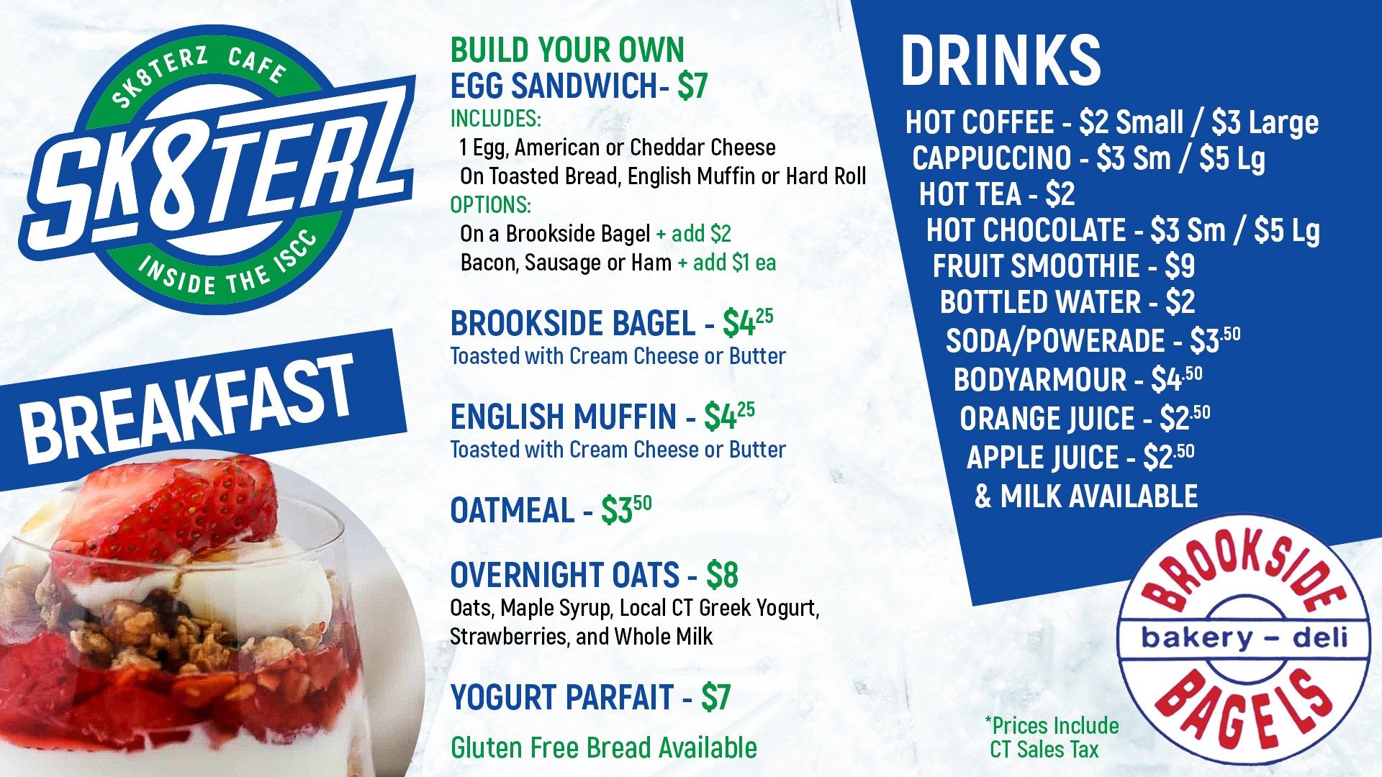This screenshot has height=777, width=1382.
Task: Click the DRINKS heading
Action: point(1001,60)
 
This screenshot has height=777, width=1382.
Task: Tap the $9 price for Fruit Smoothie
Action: point(1180,266)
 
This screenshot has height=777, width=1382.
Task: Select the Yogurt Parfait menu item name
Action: point(562,697)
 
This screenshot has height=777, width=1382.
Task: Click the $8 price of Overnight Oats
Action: point(722,575)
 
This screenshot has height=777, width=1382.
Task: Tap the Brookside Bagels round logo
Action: point(1244,639)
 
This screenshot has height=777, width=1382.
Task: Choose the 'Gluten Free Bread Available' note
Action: point(604,748)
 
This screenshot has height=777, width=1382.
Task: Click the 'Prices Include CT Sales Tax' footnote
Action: point(1051,737)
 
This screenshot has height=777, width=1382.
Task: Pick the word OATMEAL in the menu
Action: point(512,511)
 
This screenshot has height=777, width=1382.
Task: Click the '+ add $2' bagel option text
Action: point(693,234)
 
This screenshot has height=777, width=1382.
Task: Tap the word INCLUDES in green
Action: point(495,118)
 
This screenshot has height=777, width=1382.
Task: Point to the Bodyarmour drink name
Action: point(1040,380)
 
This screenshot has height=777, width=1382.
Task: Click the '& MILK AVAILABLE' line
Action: point(1086,496)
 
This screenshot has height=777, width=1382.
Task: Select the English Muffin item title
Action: point(564,417)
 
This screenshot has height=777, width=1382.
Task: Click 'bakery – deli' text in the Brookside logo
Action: point(1244,637)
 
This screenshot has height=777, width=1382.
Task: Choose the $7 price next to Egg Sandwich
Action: point(692,86)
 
